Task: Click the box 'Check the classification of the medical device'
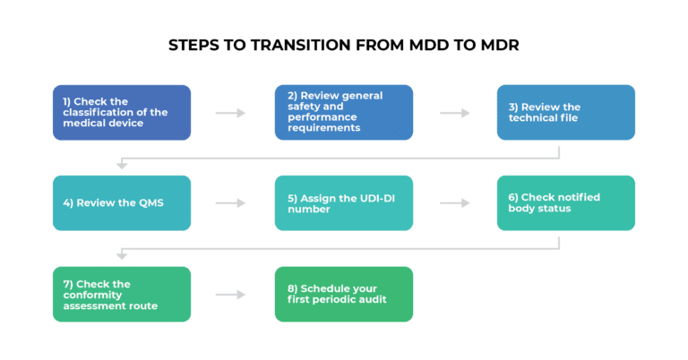pyautogui.click(x=121, y=112)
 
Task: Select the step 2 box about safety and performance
pyautogui.click(x=343, y=112)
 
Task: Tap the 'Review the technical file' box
pyautogui.click(x=565, y=112)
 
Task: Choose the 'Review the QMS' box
pyautogui.click(x=121, y=203)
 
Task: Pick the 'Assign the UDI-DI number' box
pyautogui.click(x=343, y=203)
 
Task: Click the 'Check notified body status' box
pyautogui.click(x=565, y=203)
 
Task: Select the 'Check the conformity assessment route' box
pyautogui.click(x=121, y=294)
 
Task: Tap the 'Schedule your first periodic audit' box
pyautogui.click(x=343, y=294)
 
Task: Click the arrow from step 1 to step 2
pyautogui.click(x=231, y=113)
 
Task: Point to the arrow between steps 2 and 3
pyautogui.click(x=455, y=113)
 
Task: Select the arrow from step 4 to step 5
pyautogui.click(x=231, y=203)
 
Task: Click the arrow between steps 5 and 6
pyautogui.click(x=455, y=203)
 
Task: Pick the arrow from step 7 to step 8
pyautogui.click(x=231, y=294)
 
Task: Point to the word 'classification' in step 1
pyautogui.click(x=122, y=112)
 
